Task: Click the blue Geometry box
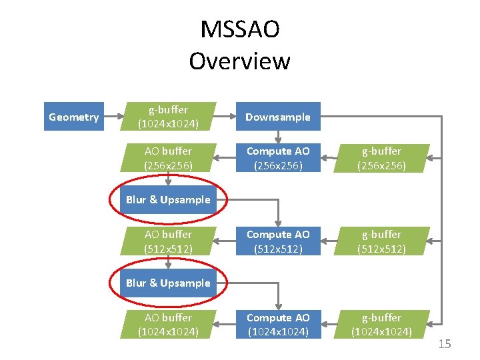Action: click(73, 117)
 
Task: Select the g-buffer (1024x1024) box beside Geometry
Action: click(168, 116)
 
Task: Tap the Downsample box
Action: click(277, 117)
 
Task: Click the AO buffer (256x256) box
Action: click(168, 158)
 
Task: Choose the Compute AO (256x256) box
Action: click(277, 158)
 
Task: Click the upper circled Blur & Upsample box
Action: click(168, 199)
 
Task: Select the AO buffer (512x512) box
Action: click(168, 241)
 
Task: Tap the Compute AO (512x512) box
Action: click(277, 241)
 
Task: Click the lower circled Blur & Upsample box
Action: click(168, 283)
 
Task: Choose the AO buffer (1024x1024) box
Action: click(168, 324)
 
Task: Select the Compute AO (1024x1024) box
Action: click(277, 324)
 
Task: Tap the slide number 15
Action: click(445, 343)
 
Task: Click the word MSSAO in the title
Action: click(239, 30)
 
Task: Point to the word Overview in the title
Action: click(239, 61)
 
